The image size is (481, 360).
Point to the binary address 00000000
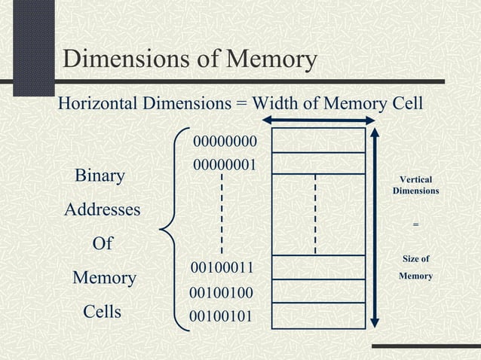225,142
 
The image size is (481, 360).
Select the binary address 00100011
221,268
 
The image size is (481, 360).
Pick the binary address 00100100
221,292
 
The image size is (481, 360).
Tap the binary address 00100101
221,315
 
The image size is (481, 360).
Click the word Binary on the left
100,176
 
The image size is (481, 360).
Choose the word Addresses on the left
102,210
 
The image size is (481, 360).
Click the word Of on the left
102,244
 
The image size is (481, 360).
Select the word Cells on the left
102,312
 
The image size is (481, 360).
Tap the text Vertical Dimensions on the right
415,186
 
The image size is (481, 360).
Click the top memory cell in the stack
318,140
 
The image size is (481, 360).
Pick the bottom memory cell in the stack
318,316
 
